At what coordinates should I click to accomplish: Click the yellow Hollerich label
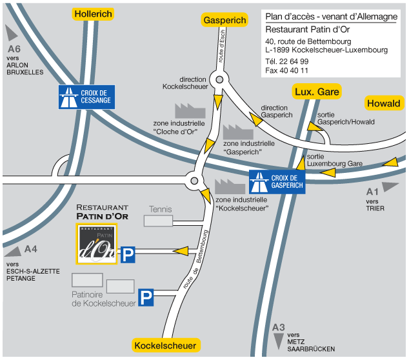94,14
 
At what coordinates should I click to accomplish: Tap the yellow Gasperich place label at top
224,21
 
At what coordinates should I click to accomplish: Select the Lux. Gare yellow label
316,92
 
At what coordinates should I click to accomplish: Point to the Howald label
384,103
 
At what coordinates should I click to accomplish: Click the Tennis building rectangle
158,221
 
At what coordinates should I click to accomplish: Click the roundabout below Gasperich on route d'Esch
220,79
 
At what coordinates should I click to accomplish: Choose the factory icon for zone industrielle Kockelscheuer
227,186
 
